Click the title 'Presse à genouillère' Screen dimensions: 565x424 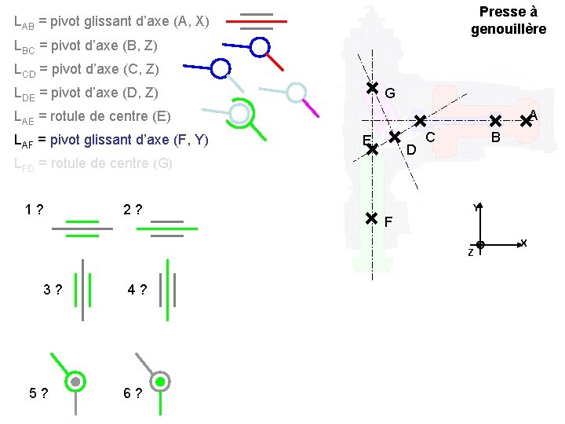coord(508,20)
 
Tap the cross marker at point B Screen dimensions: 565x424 coord(495,121)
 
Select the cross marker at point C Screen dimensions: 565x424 coord(420,121)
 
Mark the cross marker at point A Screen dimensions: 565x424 coord(526,122)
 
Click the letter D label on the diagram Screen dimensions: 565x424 coord(410,149)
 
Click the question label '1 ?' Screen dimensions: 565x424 coord(33,210)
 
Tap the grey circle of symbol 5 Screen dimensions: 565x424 coord(75,382)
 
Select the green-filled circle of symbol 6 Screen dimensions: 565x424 coord(160,382)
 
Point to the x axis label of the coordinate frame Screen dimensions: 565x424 coord(523,243)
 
